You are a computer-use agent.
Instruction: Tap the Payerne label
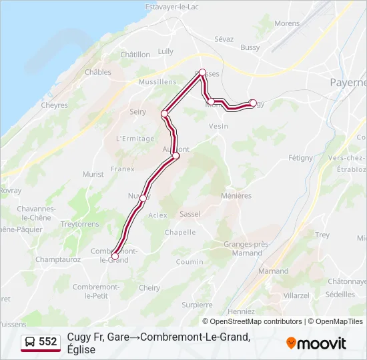coord(348,83)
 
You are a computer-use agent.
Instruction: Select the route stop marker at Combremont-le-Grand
coord(115,256)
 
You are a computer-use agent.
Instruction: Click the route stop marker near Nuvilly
coord(143,198)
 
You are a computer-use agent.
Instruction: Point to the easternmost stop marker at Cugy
coord(252,103)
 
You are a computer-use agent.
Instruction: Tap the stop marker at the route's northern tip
coord(202,71)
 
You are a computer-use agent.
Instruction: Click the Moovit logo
coord(316,343)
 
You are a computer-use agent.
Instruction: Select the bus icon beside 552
coord(30,342)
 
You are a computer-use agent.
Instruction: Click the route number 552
coord(48,342)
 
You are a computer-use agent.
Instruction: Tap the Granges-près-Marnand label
coord(247,249)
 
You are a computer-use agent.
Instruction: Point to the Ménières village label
coord(236,196)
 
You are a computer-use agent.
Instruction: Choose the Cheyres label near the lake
coord(55,105)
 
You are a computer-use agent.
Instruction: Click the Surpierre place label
coord(197,305)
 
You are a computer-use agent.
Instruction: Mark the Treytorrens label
coord(79,225)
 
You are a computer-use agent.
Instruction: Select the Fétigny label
coord(300,158)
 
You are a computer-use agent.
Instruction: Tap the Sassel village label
coord(190,214)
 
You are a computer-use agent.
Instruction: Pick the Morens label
coord(287,23)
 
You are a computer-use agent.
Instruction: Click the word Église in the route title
coord(81,350)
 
